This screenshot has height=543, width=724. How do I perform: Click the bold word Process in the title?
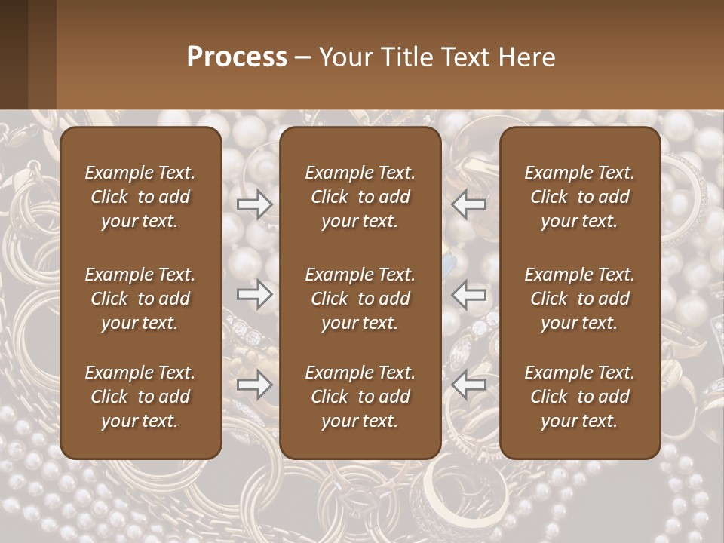237,57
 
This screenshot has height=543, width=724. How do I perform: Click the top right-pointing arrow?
254,204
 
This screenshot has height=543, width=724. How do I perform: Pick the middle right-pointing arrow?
254,294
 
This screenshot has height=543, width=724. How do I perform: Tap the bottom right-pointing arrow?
254,385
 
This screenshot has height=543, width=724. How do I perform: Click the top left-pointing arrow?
469,204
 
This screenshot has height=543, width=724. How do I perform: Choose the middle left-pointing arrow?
469,294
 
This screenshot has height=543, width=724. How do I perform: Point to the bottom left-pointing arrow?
469,385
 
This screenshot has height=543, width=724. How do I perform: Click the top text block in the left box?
140,197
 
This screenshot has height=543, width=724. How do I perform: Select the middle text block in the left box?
140,299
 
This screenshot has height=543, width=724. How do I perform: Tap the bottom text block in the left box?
140,397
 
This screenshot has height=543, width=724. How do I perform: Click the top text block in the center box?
360,197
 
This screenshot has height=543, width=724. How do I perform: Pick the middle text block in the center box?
360,299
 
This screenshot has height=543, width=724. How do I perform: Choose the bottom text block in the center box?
360,397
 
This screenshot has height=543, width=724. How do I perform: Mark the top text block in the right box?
580,197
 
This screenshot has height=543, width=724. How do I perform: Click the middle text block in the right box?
580,299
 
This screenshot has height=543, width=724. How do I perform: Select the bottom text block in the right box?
580,397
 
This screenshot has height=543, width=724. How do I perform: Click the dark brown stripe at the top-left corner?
14,54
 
